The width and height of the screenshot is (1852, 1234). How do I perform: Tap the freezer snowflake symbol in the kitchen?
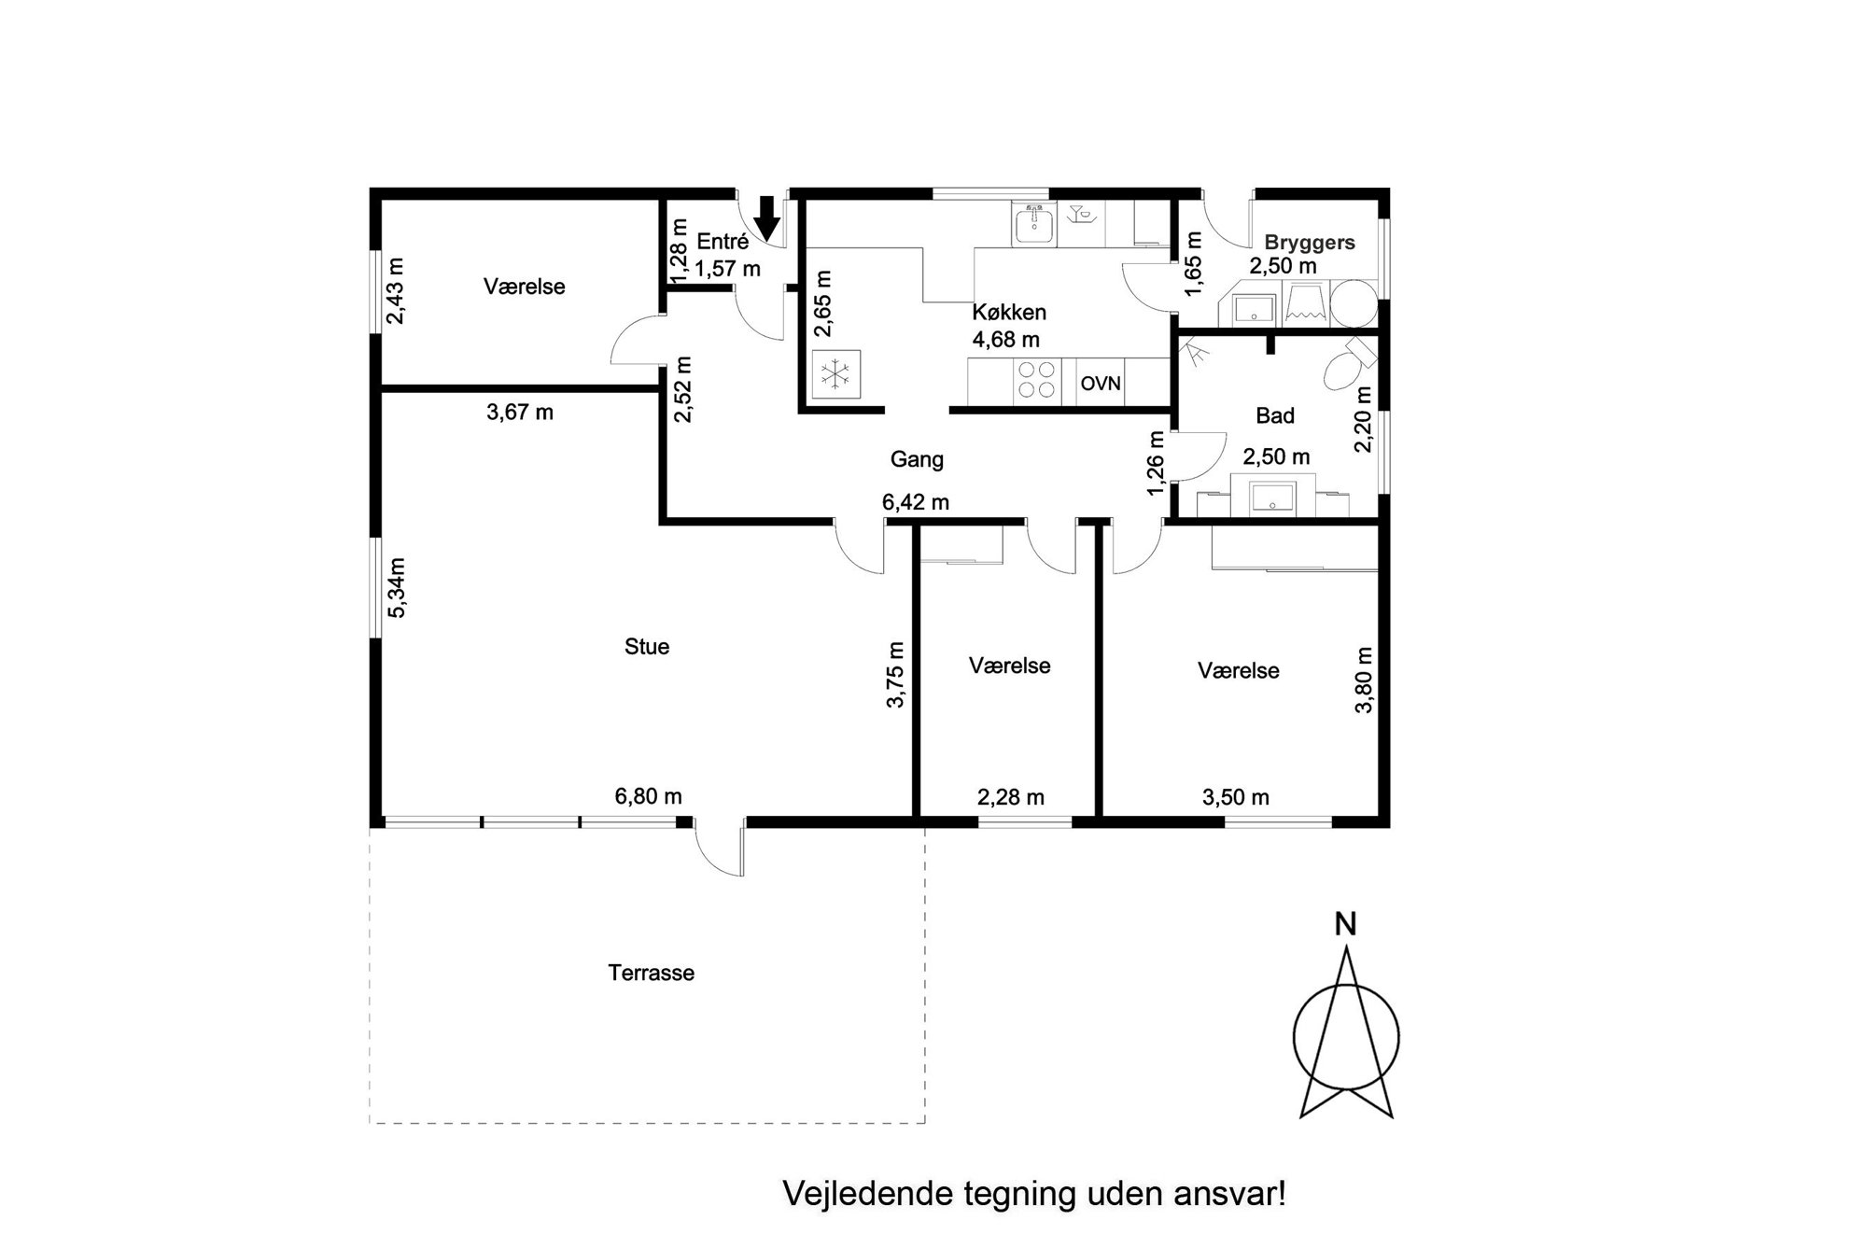click(835, 375)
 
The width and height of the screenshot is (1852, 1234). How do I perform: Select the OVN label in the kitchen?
click(1101, 384)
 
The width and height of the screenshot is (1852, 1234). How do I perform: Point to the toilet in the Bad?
click(1344, 367)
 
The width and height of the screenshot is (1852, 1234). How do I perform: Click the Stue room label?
click(647, 647)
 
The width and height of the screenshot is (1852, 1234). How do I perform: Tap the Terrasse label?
click(652, 973)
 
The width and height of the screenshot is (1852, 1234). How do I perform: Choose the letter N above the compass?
click(1345, 924)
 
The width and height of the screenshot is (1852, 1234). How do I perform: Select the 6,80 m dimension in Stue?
click(648, 796)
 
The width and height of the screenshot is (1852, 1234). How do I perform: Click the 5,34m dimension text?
click(398, 587)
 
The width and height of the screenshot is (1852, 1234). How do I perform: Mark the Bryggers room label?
click(1310, 243)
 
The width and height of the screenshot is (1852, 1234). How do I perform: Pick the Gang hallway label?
click(917, 459)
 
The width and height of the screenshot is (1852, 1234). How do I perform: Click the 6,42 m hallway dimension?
click(916, 502)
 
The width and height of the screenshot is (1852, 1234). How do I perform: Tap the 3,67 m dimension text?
click(520, 412)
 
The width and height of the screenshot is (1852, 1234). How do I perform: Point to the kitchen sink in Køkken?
click(1033, 225)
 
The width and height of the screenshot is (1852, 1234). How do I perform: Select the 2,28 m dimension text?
click(1011, 797)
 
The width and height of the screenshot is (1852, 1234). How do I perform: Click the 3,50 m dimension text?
click(1236, 797)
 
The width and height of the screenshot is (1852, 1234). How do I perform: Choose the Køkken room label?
click(1009, 312)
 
